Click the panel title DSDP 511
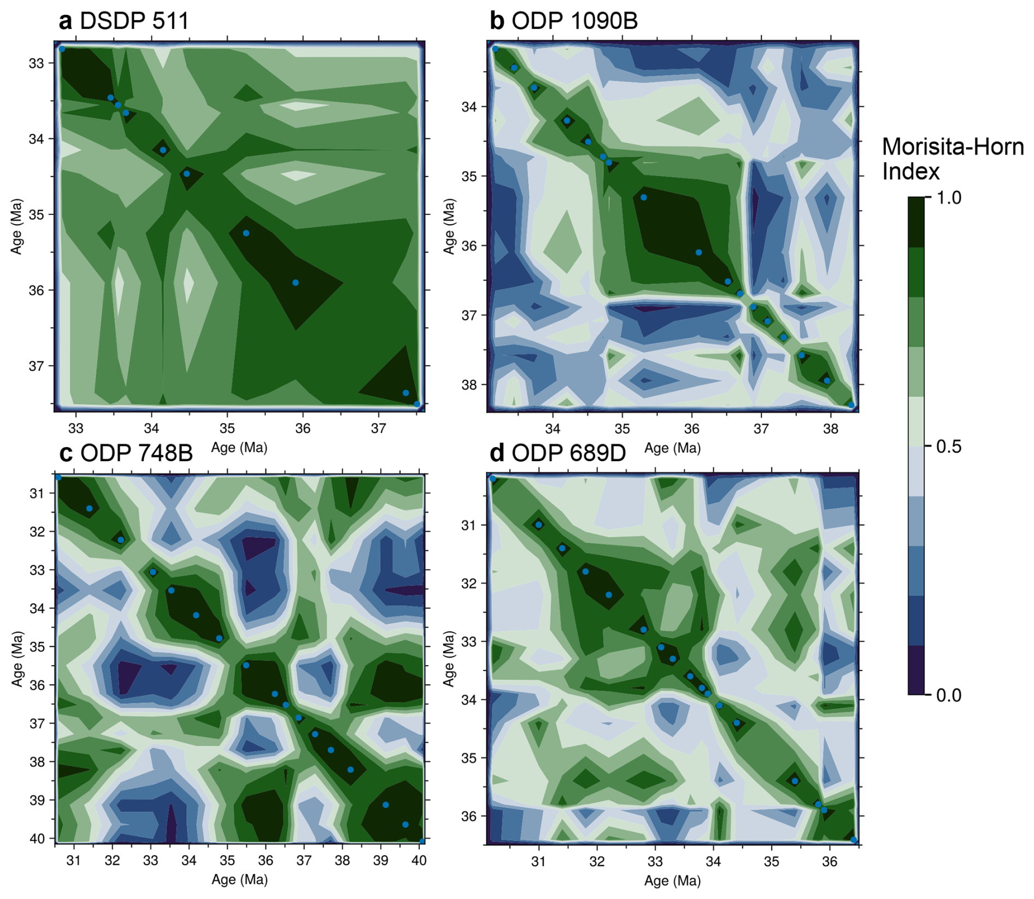click(134, 21)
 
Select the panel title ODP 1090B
click(574, 21)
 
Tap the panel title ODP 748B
click(136, 453)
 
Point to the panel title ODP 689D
click(568, 453)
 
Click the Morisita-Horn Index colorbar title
click(952, 159)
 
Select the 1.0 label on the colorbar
click(949, 197)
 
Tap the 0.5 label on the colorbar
click(949, 446)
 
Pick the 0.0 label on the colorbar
click(949, 695)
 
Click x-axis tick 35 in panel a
click(227, 428)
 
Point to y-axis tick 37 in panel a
click(36, 366)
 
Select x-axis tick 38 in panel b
click(830, 428)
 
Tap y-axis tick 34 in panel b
click(469, 107)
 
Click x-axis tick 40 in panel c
click(419, 860)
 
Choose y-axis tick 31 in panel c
click(36, 493)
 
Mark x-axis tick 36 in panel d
click(830, 861)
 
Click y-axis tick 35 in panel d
click(469, 758)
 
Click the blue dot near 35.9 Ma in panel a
click(296, 283)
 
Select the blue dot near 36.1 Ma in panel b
click(698, 252)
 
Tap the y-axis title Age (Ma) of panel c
click(17, 659)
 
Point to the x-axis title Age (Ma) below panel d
click(672, 880)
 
